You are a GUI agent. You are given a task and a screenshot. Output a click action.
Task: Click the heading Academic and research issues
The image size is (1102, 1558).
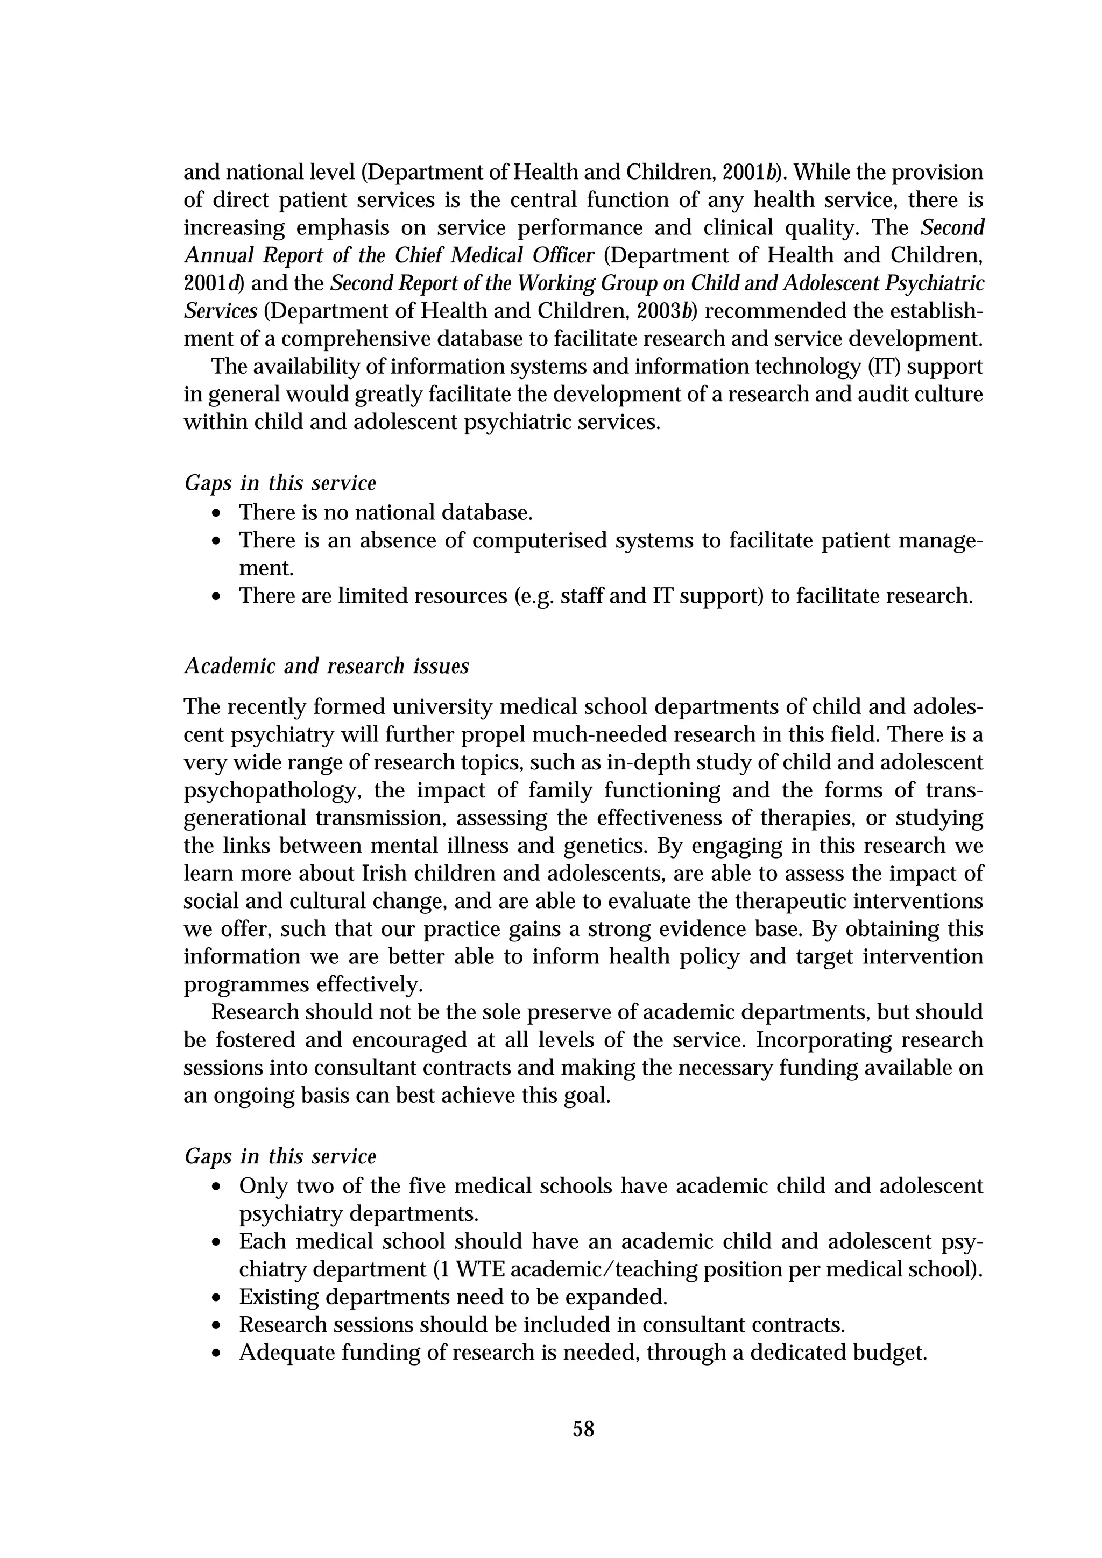click(327, 666)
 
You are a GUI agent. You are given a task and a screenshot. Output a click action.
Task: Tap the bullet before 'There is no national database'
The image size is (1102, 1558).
click(216, 513)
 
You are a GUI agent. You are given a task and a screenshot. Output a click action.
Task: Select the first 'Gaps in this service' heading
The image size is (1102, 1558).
click(280, 483)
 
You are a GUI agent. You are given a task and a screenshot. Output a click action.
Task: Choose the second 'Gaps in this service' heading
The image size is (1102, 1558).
click(280, 1156)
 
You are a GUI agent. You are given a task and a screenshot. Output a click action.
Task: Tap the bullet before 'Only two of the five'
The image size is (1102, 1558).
click(216, 1188)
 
